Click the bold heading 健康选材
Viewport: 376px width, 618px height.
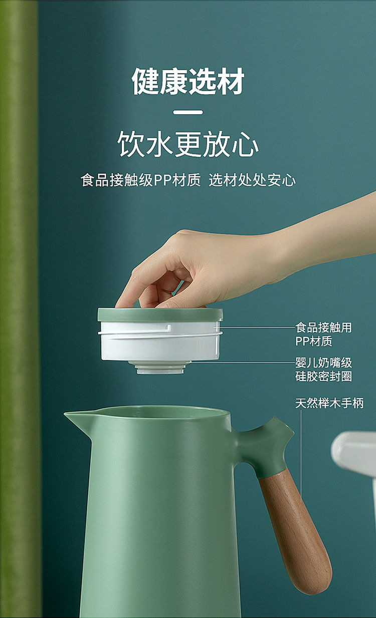[x=188, y=82]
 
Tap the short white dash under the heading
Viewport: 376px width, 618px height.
[x=188, y=112]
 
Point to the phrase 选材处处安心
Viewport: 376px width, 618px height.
[x=252, y=180]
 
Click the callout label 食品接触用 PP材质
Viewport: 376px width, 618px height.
[x=323, y=335]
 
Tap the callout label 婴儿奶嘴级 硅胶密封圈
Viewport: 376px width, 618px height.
[x=323, y=370]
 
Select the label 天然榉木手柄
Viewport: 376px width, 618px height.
[x=329, y=403]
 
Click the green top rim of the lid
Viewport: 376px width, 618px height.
[x=160, y=315]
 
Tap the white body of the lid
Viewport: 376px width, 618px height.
[x=160, y=341]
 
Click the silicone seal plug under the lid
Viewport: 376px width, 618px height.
[x=160, y=368]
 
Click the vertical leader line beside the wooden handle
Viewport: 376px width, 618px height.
[x=301, y=456]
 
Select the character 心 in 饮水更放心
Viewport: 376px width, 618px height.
[x=245, y=145]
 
